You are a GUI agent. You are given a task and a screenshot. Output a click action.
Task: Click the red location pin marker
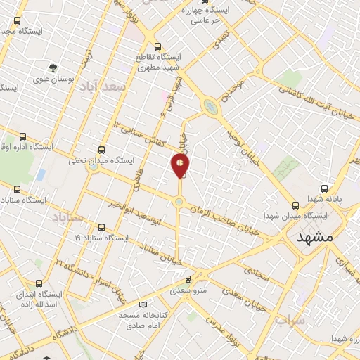(180, 166)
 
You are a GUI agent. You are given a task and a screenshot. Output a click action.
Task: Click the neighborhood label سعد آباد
(103, 86)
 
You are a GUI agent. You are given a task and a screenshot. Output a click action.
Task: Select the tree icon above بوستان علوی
(53, 68)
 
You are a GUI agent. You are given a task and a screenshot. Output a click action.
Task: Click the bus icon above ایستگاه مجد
(17, 21)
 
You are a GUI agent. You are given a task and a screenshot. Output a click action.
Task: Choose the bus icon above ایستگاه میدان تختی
(103, 149)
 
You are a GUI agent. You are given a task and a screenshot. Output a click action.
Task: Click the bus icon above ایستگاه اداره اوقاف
(24, 136)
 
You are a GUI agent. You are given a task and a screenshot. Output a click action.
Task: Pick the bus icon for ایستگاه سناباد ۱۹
(103, 227)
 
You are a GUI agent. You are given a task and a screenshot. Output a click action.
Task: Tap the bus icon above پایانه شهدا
(325, 188)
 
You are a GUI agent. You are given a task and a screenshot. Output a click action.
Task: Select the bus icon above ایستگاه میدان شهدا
(295, 205)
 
